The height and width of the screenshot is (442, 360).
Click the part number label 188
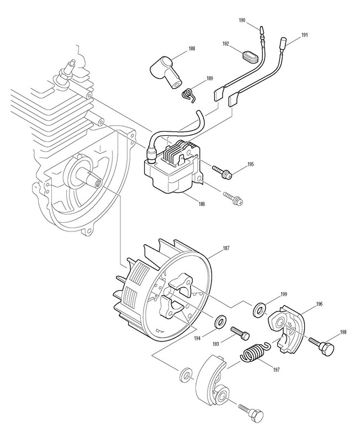[x=192, y=49]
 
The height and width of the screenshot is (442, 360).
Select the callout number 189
[x=209, y=78]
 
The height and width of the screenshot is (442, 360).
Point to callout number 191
[x=305, y=35]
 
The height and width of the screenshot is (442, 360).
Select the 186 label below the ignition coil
[x=202, y=204]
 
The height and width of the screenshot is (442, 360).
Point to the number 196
[x=319, y=304]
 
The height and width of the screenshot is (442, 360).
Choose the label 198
[x=343, y=332]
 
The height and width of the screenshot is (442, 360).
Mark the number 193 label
[x=216, y=344]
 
